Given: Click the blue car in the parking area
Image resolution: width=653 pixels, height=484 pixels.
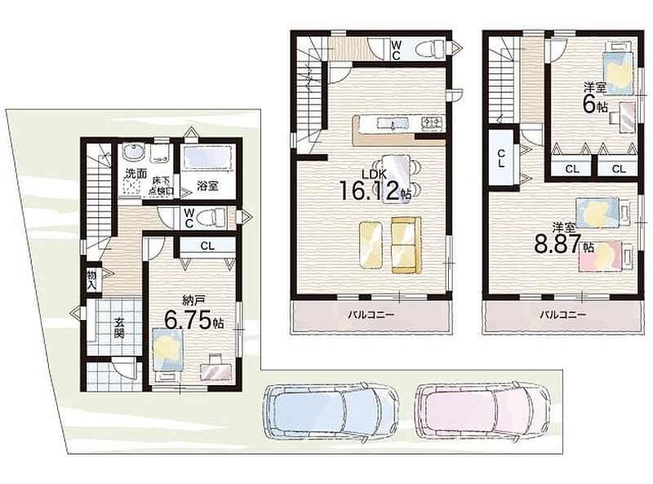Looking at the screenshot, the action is click(331, 411).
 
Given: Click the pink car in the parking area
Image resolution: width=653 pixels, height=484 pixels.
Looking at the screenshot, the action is click(483, 411).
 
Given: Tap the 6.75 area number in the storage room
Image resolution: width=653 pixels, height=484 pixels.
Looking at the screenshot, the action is click(188, 320).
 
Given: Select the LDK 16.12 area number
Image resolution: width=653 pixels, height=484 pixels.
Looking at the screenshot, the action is click(371, 190).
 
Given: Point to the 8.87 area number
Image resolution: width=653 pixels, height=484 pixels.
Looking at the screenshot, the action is click(557, 244).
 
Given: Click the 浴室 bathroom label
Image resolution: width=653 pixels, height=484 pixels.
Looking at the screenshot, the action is click(207, 186).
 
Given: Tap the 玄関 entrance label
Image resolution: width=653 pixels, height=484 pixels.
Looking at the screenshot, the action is click(119, 327).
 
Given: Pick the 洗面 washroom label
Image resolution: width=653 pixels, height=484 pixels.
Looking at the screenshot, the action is click(136, 173).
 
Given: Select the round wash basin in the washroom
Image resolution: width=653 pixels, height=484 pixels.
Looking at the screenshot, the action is click(135, 152).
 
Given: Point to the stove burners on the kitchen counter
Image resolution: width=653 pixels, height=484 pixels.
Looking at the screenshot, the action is click(433, 122).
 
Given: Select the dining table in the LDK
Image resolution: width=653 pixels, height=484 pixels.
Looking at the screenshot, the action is click(396, 179).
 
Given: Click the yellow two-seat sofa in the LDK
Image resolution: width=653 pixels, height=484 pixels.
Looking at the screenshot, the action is click(406, 245).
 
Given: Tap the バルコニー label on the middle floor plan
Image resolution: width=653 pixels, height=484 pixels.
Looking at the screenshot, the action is click(371, 315).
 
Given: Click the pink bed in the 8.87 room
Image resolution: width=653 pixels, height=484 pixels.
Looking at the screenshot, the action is click(605, 255).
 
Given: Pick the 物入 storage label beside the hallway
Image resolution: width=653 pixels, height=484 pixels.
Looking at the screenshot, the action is click(91, 280).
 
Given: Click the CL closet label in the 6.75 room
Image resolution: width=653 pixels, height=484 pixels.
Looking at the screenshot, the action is click(207, 246).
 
